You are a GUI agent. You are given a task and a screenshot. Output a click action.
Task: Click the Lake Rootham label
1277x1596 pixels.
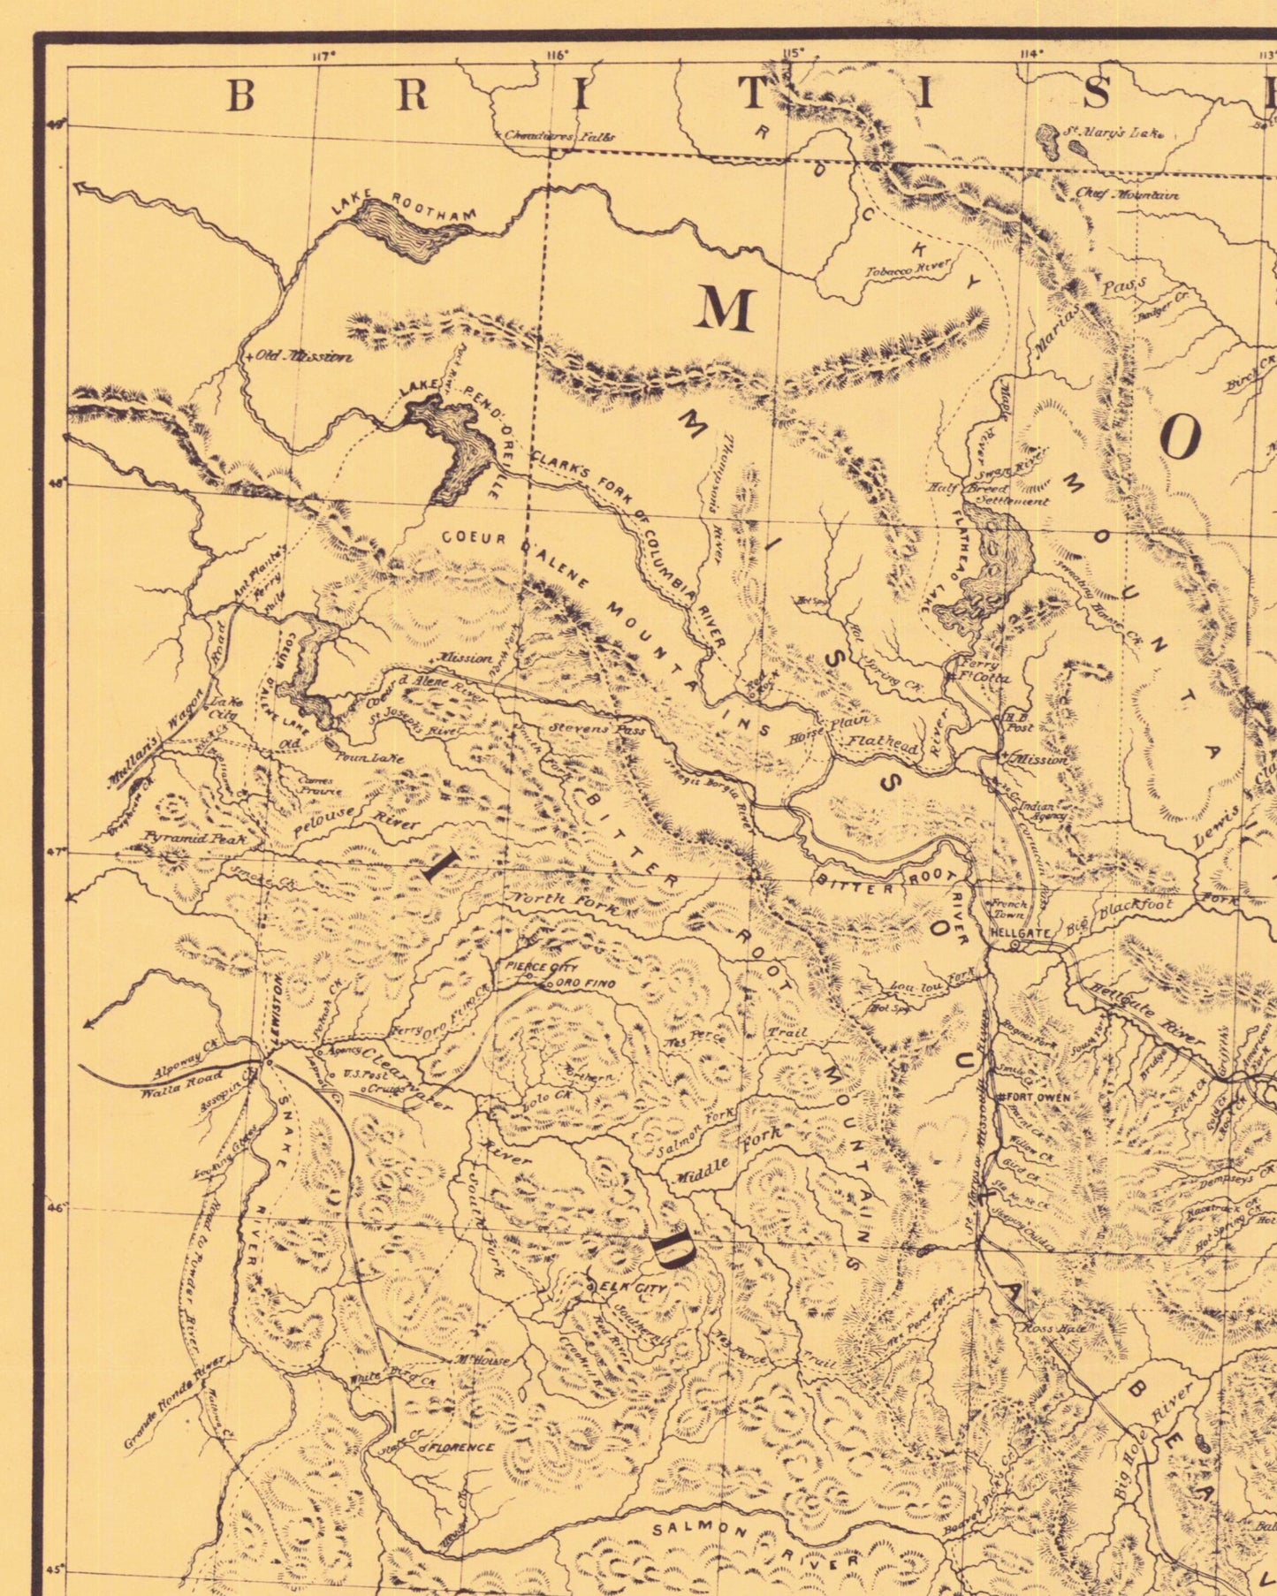click(404, 204)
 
